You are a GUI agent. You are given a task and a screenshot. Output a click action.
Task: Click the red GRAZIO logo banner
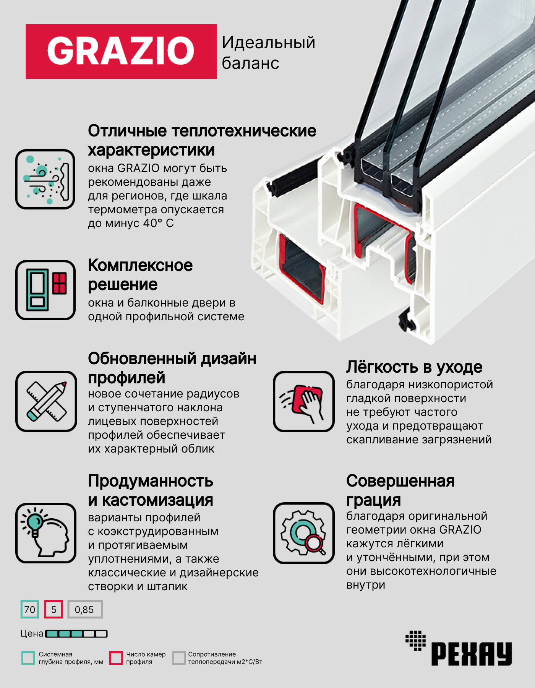(121, 52)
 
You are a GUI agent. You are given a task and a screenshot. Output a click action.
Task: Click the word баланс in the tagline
(250, 63)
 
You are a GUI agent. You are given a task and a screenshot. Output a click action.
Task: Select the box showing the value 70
(30, 609)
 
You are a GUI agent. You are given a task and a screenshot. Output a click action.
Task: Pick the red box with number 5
(53, 609)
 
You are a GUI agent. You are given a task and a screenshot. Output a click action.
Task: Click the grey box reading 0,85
(85, 609)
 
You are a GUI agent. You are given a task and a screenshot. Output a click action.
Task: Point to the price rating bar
(76, 634)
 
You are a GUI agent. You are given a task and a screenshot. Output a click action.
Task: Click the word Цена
(32, 634)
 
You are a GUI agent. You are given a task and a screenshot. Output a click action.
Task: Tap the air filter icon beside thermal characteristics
(45, 179)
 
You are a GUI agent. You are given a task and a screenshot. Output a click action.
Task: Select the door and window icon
(45, 290)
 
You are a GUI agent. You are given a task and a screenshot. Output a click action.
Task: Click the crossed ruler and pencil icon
(46, 401)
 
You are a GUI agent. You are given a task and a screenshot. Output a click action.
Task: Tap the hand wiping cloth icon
(304, 401)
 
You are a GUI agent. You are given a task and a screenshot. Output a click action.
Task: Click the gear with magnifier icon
(304, 533)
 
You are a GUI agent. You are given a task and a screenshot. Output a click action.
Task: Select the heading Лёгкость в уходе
(414, 367)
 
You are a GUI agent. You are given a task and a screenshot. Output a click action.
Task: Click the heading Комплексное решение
(140, 275)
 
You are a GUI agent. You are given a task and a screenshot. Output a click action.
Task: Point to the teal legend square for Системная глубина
(28, 658)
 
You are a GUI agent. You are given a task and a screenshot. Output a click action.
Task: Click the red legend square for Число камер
(116, 658)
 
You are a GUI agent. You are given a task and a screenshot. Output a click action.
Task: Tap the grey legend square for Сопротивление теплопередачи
(178, 658)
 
